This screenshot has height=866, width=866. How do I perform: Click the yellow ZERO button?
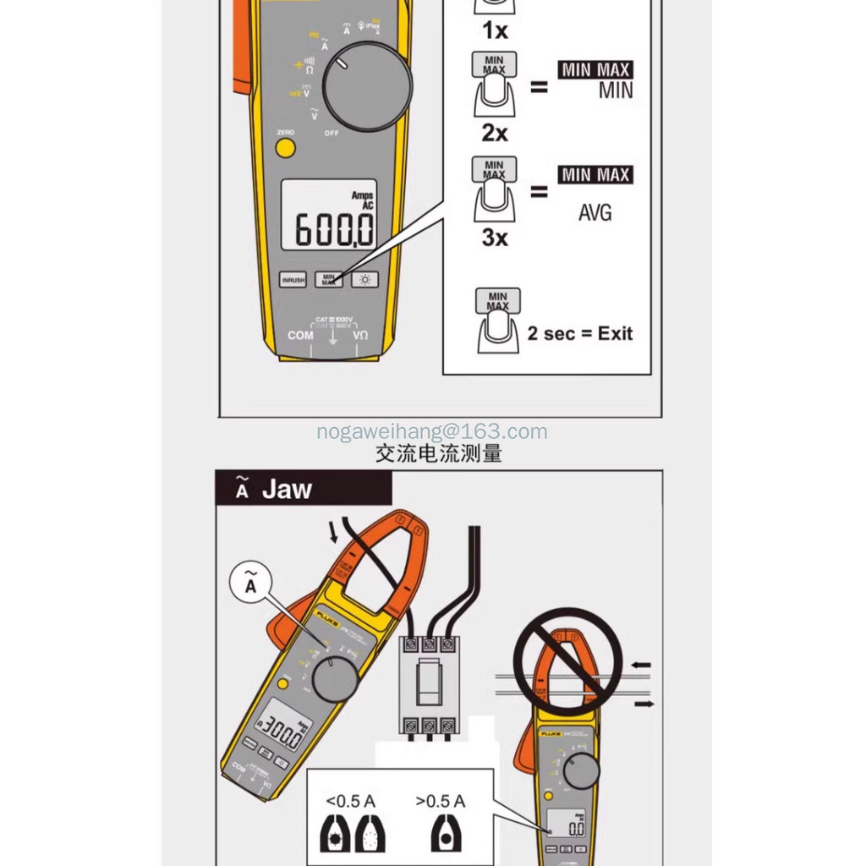285,149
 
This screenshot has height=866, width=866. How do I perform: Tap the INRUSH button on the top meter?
293,280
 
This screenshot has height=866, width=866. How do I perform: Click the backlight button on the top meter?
366,280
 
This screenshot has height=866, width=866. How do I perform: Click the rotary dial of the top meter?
367,86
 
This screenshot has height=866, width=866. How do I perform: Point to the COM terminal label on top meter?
300,335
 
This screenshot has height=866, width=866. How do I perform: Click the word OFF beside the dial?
331,134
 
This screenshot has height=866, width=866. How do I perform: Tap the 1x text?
495,31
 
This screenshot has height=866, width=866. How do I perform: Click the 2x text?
495,133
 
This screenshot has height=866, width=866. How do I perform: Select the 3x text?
495,238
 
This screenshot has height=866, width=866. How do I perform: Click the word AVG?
595,213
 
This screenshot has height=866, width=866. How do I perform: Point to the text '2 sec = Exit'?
579,333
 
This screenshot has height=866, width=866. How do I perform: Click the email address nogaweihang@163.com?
432,432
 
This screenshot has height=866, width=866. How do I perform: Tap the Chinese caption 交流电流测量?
438,454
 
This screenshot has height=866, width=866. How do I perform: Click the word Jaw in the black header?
287,489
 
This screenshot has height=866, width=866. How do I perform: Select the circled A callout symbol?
250,583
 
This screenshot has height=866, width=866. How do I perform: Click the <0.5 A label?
348,801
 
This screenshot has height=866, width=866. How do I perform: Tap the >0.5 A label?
441,801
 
